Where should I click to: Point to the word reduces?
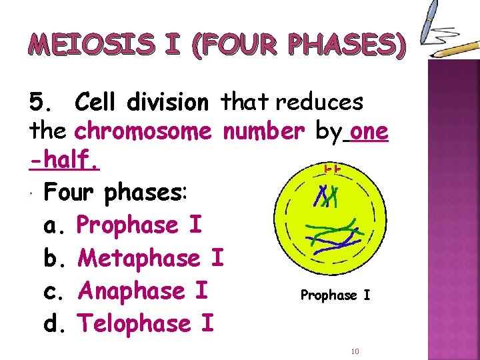click(x=319, y=103)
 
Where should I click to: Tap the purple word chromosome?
click(x=143, y=132)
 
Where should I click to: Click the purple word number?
click(x=263, y=132)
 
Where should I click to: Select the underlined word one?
click(x=368, y=132)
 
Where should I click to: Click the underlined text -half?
click(x=64, y=161)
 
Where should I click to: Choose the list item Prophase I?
click(x=139, y=225)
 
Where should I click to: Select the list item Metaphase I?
click(x=151, y=258)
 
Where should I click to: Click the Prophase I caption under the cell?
click(x=335, y=294)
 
